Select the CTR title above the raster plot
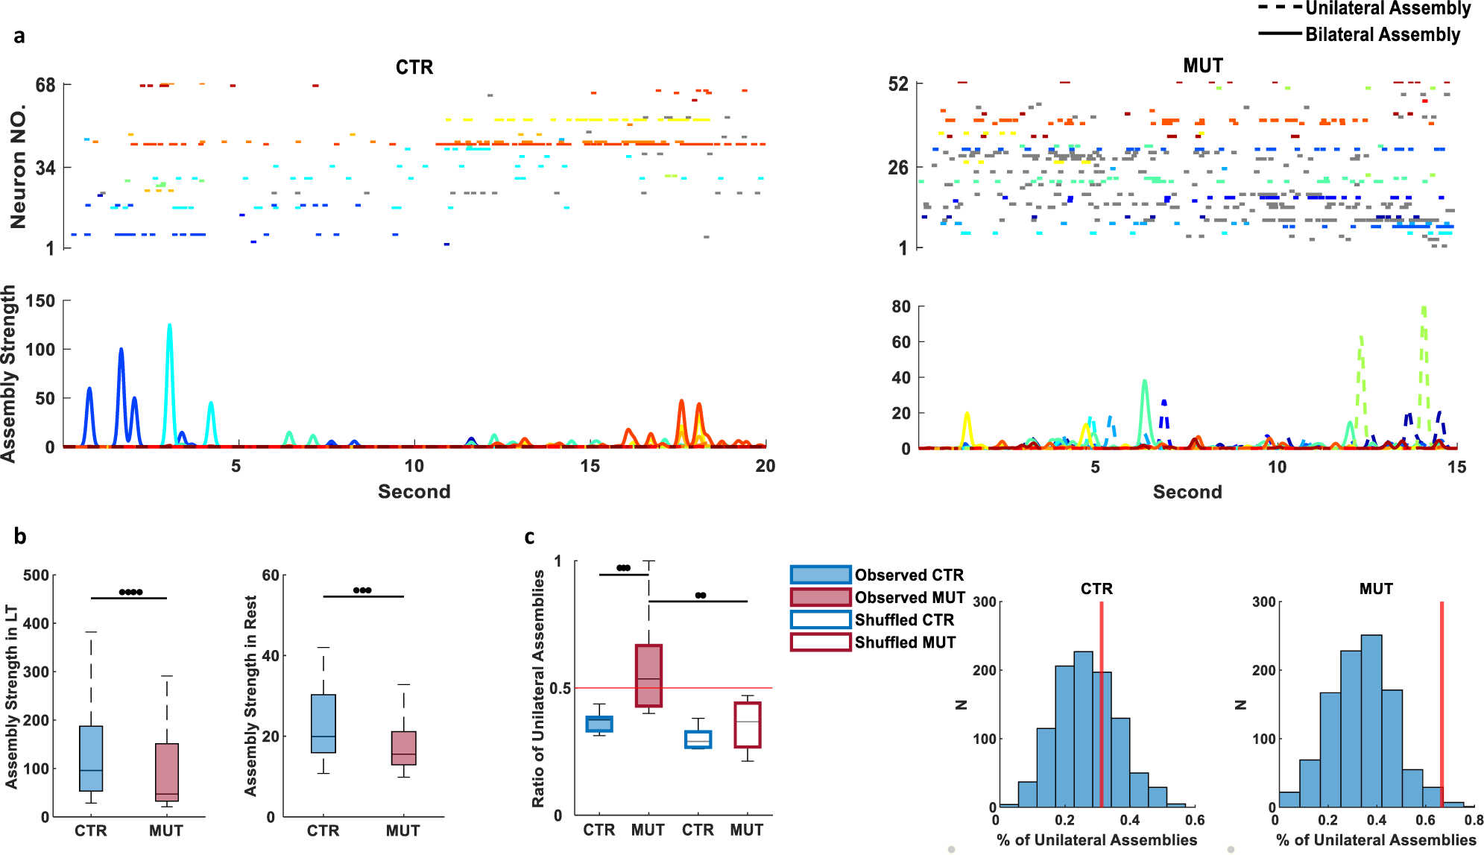pos(414,67)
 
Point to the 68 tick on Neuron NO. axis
pos(45,85)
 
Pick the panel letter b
pos(20,537)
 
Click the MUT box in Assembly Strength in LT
pos(167,772)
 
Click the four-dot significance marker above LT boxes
pos(130,593)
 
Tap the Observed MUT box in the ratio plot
pos(648,675)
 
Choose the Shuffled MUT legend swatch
pos(821,642)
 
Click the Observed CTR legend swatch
pos(821,575)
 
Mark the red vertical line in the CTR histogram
pos(1101,704)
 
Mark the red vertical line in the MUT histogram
pos(1442,704)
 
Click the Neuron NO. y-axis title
pos(18,165)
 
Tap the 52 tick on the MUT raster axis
pos(898,84)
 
